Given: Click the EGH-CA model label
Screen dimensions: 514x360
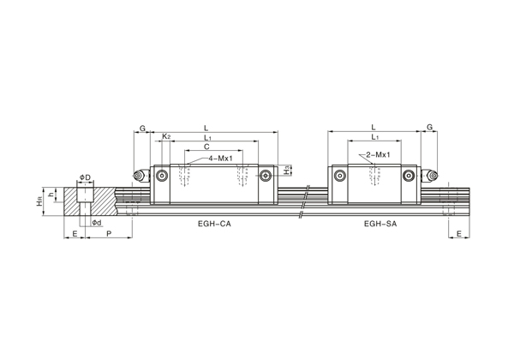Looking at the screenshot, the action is pyautogui.click(x=214, y=224).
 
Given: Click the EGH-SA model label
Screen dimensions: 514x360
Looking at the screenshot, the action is pyautogui.click(x=380, y=224).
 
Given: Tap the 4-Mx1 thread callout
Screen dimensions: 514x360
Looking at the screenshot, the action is pyautogui.click(x=221, y=159).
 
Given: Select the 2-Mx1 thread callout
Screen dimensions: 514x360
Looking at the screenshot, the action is pyautogui.click(x=378, y=155).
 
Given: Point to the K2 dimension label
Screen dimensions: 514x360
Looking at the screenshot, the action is pyautogui.click(x=166, y=136).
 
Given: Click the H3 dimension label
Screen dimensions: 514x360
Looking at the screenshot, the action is pyautogui.click(x=287, y=171).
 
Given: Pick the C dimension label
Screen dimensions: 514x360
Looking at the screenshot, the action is pyautogui.click(x=206, y=147).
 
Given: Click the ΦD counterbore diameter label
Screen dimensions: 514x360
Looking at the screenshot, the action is pyautogui.click(x=85, y=177).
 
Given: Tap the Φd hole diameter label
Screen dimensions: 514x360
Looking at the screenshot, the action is pyautogui.click(x=97, y=223).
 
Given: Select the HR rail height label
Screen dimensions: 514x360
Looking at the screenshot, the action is pyautogui.click(x=39, y=201).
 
